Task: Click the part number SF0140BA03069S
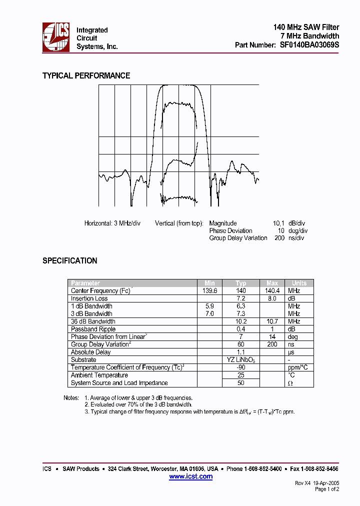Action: click(309, 45)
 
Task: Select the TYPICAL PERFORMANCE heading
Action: click(86, 75)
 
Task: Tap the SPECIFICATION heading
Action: click(69, 260)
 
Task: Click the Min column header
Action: click(209, 283)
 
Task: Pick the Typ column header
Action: click(241, 283)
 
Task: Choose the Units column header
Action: click(299, 283)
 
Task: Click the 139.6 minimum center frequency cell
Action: click(209, 290)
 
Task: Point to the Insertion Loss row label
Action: click(89, 298)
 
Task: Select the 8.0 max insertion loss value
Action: click(272, 298)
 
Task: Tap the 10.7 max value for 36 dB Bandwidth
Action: click(272, 321)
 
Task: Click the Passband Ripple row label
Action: click(93, 329)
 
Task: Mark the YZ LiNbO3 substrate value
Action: click(241, 360)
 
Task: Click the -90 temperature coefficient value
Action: click(241, 367)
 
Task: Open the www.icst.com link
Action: click(190, 476)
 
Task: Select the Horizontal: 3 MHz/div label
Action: click(112, 223)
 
